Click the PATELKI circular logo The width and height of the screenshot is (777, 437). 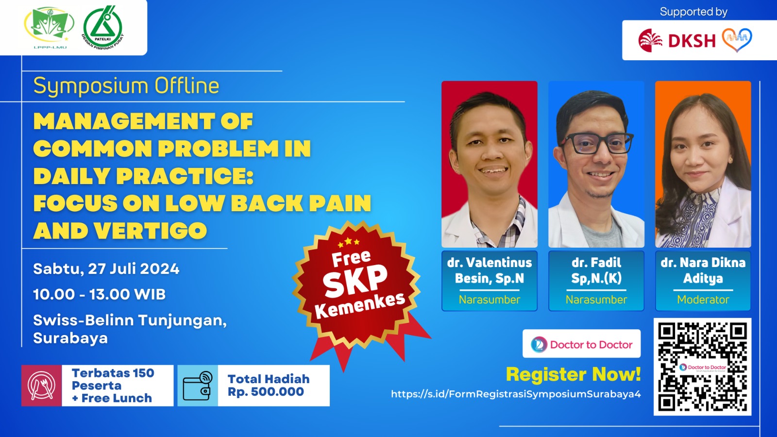click(102, 28)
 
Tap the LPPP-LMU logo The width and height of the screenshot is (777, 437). click(49, 27)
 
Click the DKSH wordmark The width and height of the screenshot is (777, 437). click(692, 41)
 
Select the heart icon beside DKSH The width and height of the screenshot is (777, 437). click(737, 39)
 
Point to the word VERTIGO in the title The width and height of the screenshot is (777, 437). click(151, 231)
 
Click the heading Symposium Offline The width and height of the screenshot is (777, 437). click(126, 86)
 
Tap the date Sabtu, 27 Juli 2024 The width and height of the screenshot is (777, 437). click(106, 269)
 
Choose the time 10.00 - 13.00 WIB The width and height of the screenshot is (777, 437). click(100, 294)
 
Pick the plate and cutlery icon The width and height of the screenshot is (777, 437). click(42, 386)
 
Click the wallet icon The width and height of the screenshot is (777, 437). click(198, 386)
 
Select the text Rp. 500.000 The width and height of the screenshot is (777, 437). click(266, 392)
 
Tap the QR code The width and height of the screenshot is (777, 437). click(702, 367)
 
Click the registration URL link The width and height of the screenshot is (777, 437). click(516, 394)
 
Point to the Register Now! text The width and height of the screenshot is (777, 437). click(573, 374)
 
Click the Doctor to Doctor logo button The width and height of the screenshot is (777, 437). click(582, 344)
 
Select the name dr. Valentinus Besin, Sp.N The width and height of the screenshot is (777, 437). click(490, 270)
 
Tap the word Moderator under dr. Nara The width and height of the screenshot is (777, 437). click(703, 300)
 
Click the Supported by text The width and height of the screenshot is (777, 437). click(693, 12)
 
